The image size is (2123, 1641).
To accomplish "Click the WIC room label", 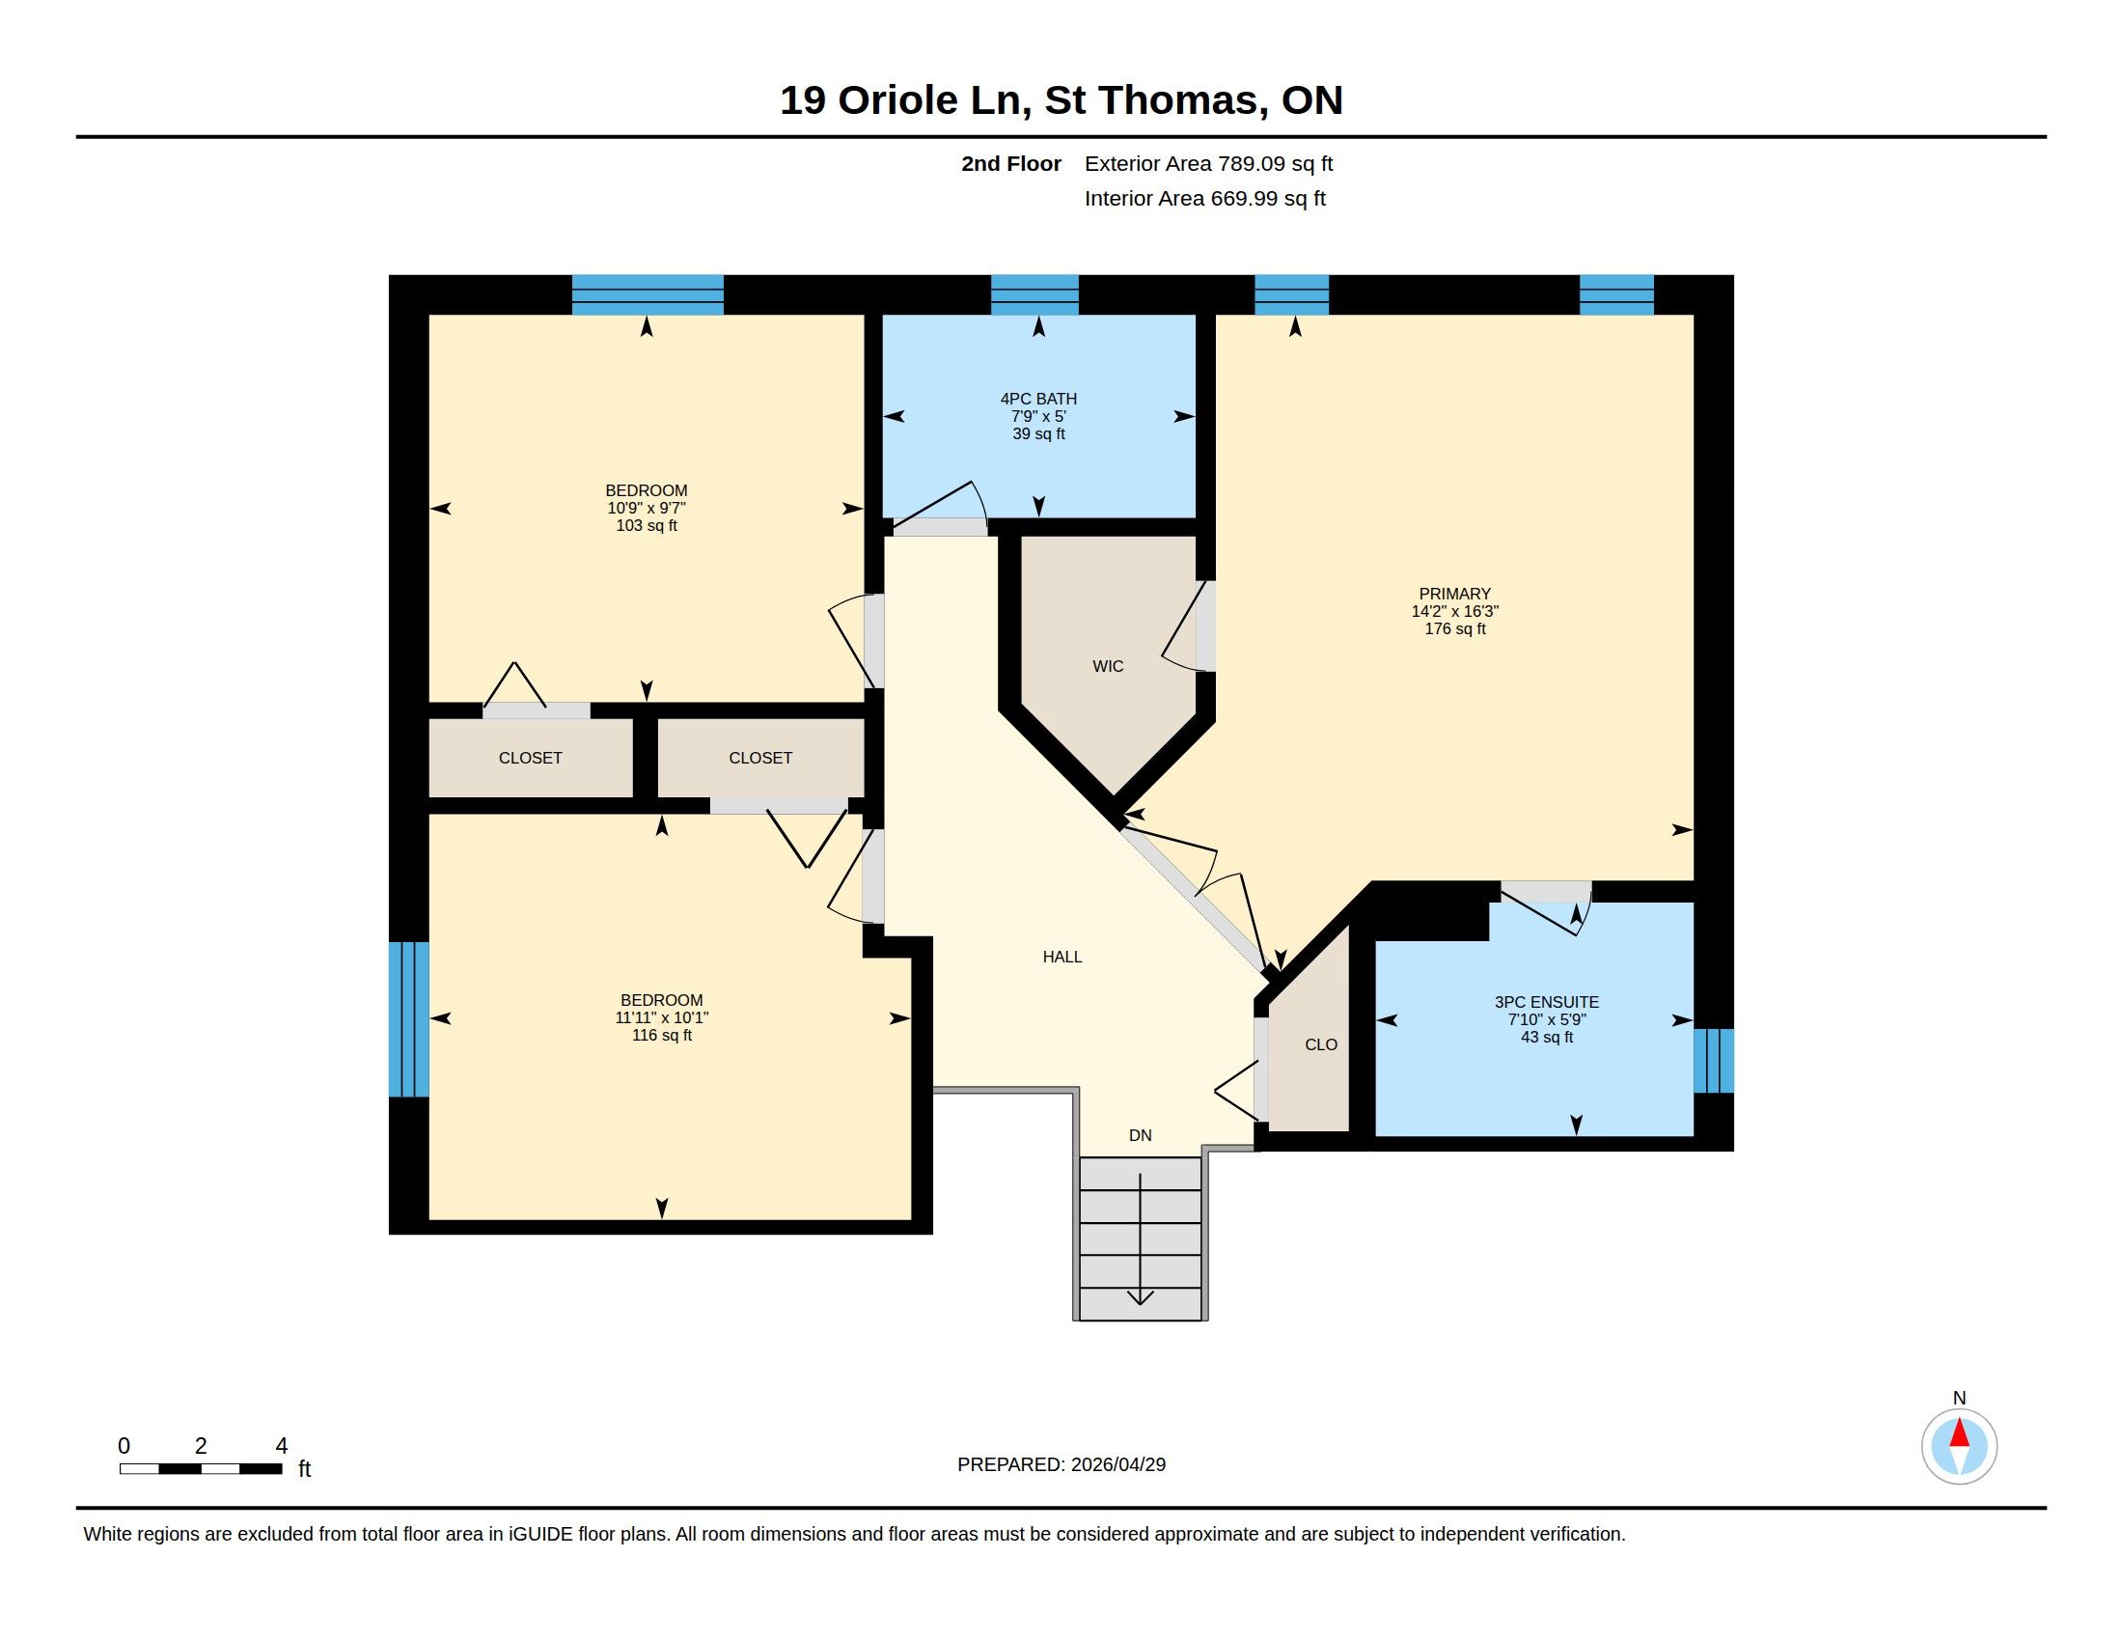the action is click(1107, 666).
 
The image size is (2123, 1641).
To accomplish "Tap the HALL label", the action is click(1062, 957).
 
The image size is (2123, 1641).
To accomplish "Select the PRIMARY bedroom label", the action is click(1454, 594).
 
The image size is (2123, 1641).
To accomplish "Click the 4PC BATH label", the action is click(1038, 399).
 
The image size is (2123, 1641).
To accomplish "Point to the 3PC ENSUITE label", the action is click(1547, 1002).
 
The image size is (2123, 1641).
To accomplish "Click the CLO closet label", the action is click(1321, 1045).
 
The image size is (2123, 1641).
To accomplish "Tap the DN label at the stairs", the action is click(1141, 1135).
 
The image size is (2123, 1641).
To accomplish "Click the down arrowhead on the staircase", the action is click(1141, 1296).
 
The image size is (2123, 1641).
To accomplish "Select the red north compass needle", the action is click(1959, 1433).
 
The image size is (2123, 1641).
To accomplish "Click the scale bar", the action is click(202, 1469).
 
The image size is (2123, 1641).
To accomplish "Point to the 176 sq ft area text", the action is click(1454, 629).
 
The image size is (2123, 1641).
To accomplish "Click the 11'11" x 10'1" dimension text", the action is click(661, 1017).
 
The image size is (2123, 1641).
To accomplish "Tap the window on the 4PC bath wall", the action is click(1034, 294).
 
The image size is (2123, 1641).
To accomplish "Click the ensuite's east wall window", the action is click(1713, 1061).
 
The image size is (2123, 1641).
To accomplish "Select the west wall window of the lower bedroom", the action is click(408, 1018).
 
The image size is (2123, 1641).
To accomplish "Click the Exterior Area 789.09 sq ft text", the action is click(1208, 163).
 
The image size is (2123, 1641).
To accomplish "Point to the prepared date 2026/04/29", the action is click(1117, 1464).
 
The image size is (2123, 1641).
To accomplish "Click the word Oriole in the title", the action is click(897, 100).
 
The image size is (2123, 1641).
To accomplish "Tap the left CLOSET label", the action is click(530, 759).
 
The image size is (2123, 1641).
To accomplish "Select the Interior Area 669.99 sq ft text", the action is click(1204, 198).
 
